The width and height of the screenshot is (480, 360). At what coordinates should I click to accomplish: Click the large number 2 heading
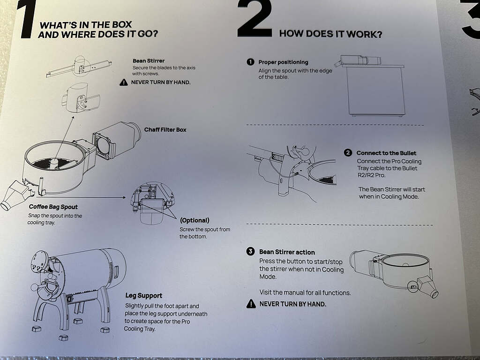pos(255,19)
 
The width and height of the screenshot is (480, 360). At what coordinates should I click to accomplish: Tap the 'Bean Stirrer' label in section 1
pos(149,61)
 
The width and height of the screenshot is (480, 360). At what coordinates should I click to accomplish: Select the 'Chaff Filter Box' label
pos(165,130)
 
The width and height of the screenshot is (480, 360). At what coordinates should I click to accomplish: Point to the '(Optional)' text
pos(195,220)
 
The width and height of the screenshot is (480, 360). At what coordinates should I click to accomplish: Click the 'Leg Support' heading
pos(144,296)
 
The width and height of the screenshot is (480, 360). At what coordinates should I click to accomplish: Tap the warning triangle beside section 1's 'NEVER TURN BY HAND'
pos(123,82)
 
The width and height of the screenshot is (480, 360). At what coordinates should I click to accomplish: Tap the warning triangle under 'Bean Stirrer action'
pos(251,304)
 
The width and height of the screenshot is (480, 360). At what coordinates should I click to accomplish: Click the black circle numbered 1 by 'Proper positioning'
pos(250,62)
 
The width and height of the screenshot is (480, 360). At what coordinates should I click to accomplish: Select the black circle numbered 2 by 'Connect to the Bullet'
pos(348,153)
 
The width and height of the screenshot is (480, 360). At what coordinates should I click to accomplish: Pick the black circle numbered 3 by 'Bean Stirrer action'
pos(250,252)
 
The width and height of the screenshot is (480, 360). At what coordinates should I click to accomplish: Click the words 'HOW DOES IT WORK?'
pos(330,34)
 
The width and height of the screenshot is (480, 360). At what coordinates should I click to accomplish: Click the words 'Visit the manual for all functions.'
pos(305,292)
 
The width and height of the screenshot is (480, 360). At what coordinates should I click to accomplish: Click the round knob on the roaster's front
pos(35,287)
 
